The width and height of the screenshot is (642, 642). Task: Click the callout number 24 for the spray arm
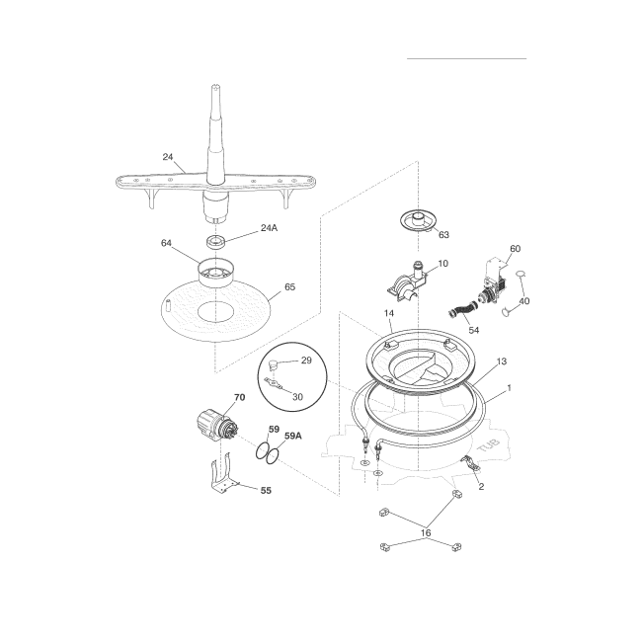click(167, 156)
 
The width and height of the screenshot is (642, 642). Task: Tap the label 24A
click(269, 227)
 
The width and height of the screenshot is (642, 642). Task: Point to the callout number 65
click(289, 287)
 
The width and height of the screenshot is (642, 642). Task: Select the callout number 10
click(442, 264)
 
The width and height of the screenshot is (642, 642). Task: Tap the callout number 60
click(515, 249)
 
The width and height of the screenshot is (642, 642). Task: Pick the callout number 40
click(524, 302)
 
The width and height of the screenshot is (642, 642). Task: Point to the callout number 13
click(501, 362)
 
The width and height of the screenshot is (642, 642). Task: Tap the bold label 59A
click(292, 436)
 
